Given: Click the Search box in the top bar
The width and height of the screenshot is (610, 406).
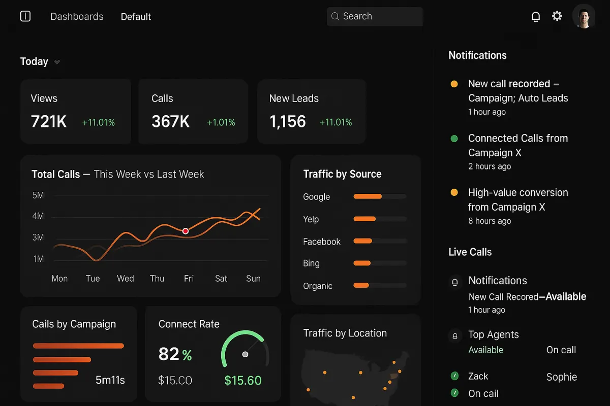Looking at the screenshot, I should click(x=375, y=16).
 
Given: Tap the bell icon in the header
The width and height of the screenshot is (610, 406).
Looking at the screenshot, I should click(x=535, y=17).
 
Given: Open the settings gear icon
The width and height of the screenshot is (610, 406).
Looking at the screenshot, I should click(x=557, y=16).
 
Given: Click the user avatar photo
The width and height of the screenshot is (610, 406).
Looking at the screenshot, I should click(x=584, y=16).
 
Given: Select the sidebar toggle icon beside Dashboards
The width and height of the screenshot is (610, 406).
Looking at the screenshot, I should click(x=25, y=16).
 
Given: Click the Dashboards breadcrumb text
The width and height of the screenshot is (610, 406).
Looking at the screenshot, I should click(x=77, y=17).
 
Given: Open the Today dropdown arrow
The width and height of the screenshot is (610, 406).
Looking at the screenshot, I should click(x=57, y=62).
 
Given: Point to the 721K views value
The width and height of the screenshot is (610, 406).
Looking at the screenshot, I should click(x=49, y=122).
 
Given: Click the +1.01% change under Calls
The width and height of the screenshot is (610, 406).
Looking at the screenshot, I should click(x=221, y=122).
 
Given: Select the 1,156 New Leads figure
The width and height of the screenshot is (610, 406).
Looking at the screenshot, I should click(x=288, y=122).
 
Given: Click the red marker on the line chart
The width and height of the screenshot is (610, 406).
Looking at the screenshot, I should click(x=186, y=231).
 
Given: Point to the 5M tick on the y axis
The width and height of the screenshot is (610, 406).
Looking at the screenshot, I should click(x=38, y=195).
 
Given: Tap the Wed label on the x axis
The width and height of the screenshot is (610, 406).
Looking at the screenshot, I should click(x=126, y=279).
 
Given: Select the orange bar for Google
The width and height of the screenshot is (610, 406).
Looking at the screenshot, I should click(x=368, y=196).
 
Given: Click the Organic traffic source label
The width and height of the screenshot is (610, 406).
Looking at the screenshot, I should click(x=318, y=286).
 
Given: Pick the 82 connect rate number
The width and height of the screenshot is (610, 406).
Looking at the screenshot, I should click(x=169, y=354).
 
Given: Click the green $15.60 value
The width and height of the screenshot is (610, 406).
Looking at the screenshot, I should click(x=243, y=381).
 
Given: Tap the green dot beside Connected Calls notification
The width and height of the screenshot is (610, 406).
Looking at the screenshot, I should click(x=454, y=138).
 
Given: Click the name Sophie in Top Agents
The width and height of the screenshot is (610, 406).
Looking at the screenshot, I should click(x=562, y=377).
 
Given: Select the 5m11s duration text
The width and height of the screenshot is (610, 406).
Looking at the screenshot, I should click(x=110, y=380).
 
